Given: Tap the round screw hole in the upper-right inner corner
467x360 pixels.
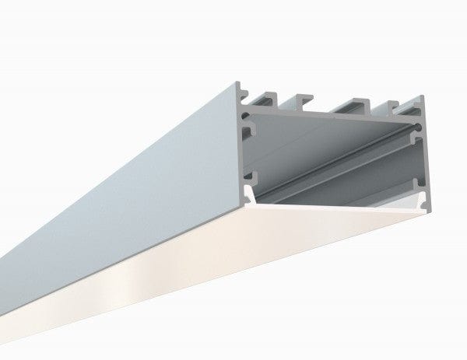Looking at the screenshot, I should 420,124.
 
